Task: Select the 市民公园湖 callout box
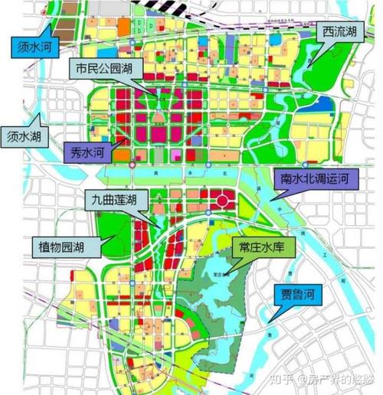point(106,69)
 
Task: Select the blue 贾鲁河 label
point(298,293)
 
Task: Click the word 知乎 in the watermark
point(289,379)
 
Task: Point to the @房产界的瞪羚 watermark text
point(340,379)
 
